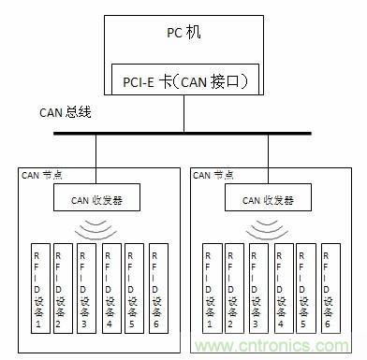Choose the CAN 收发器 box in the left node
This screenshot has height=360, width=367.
pos(97,198)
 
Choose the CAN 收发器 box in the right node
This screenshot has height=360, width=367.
pos(270,198)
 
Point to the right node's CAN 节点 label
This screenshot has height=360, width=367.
pos(213,174)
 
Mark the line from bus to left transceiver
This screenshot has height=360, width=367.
pos(97,159)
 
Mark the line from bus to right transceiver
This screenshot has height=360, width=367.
pos(270,159)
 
